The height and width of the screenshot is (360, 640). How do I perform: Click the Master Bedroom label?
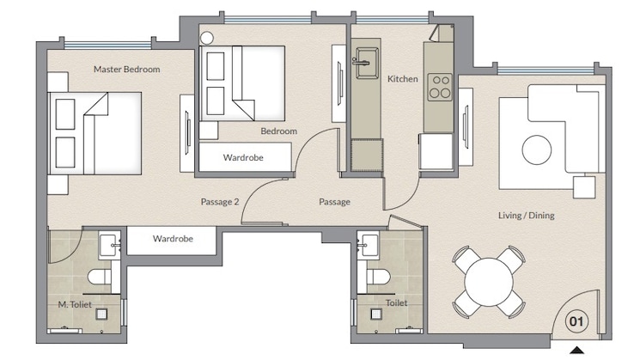pyautogui.click(x=126, y=70)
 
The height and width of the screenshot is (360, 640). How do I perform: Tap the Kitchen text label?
pyautogui.click(x=403, y=79)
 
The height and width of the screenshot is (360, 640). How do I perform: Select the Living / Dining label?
pyautogui.click(x=526, y=216)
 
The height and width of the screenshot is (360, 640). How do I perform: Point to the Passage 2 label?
pyautogui.click(x=219, y=202)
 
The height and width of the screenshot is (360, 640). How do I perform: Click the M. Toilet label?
pyautogui.click(x=75, y=304)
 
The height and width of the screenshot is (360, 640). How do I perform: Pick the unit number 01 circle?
pyautogui.click(x=577, y=323)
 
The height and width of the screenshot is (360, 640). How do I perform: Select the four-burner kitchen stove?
pyautogui.click(x=441, y=86)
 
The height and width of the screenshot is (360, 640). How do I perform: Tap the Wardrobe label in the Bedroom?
pyautogui.click(x=243, y=158)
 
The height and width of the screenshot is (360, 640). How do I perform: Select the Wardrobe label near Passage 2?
pyautogui.click(x=173, y=238)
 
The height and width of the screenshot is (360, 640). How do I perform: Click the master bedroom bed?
pyautogui.click(x=92, y=134)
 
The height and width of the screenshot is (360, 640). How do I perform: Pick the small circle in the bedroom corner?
pyautogui.click(x=207, y=37)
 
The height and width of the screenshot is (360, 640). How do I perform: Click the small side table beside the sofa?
pyautogui.click(x=585, y=187)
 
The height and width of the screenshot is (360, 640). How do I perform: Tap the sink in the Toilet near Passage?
pyautogui.click(x=370, y=245)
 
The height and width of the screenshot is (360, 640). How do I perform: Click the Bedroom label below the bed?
pyautogui.click(x=279, y=131)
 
